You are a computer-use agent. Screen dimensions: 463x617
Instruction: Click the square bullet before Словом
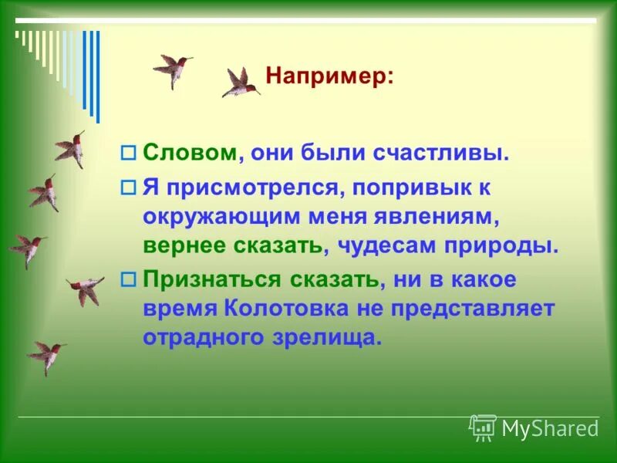(x=129, y=153)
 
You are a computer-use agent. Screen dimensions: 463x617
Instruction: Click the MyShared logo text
(x=550, y=428)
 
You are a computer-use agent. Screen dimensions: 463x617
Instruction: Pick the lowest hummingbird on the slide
(x=48, y=356)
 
